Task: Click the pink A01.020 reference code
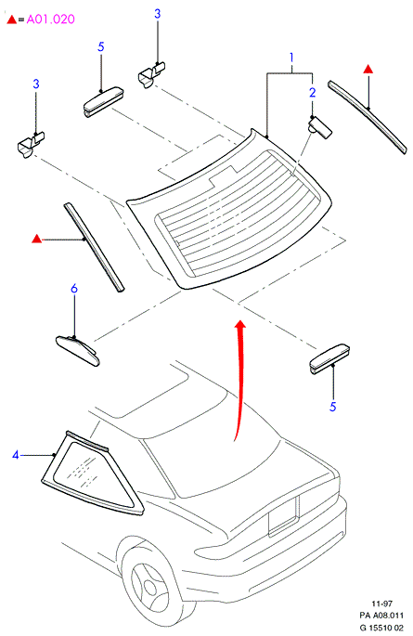51,19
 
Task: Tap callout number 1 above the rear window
291,58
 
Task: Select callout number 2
312,93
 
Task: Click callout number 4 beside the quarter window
16,455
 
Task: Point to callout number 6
73,289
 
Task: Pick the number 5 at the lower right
333,407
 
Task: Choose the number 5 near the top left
101,46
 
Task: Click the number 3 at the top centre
157,14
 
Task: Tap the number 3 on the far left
36,84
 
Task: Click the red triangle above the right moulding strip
368,69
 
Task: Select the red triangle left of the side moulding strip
36,239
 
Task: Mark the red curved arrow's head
240,324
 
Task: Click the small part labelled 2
320,127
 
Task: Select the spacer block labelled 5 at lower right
329,359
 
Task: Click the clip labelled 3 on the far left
31,145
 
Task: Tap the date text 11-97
382,604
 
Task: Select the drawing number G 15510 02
381,628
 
